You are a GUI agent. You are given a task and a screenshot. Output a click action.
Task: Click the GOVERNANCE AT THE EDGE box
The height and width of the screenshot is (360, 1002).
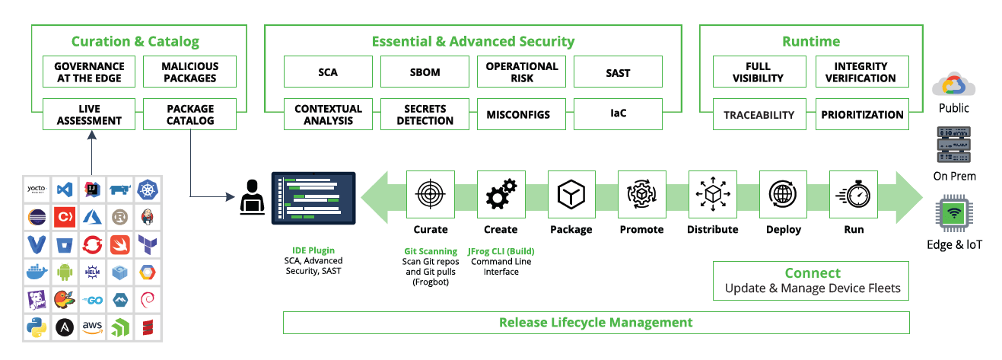coord(89,72)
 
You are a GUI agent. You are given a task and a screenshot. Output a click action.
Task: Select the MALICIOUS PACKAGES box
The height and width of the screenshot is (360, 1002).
coord(189,72)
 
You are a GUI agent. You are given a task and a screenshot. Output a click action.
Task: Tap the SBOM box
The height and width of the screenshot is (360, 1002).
coord(425,72)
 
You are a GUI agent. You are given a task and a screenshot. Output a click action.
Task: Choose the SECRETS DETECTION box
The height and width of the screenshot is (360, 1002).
coord(425,115)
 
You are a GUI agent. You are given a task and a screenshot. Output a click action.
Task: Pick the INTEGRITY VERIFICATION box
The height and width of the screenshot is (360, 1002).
coord(861,72)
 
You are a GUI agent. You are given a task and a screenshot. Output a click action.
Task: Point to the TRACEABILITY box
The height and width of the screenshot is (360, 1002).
coord(759,115)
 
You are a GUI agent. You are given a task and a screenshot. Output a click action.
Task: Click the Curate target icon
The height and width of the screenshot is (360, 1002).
coord(431,195)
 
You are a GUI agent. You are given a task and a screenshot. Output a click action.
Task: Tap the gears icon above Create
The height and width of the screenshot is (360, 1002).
coord(501,195)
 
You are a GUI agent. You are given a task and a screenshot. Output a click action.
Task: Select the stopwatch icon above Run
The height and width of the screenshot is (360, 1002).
coord(854,195)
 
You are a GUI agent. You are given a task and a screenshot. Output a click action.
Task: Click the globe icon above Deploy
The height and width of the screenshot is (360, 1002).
coord(783,195)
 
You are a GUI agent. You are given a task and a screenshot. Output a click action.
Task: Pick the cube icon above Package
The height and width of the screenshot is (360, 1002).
coord(571,195)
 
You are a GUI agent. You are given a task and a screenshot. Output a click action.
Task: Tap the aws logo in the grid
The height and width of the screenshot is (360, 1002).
coord(92,327)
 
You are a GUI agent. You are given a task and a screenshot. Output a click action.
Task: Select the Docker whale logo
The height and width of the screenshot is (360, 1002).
coord(37,272)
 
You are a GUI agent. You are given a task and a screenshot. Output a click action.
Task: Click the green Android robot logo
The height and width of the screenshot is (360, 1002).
coord(64,272)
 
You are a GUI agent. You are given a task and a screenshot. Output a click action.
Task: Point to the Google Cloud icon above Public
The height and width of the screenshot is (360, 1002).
coord(954,84)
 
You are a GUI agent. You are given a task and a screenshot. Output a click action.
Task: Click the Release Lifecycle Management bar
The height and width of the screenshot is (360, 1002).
coord(596,323)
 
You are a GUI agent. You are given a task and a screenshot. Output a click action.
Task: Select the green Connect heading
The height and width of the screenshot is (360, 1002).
coord(813,273)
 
